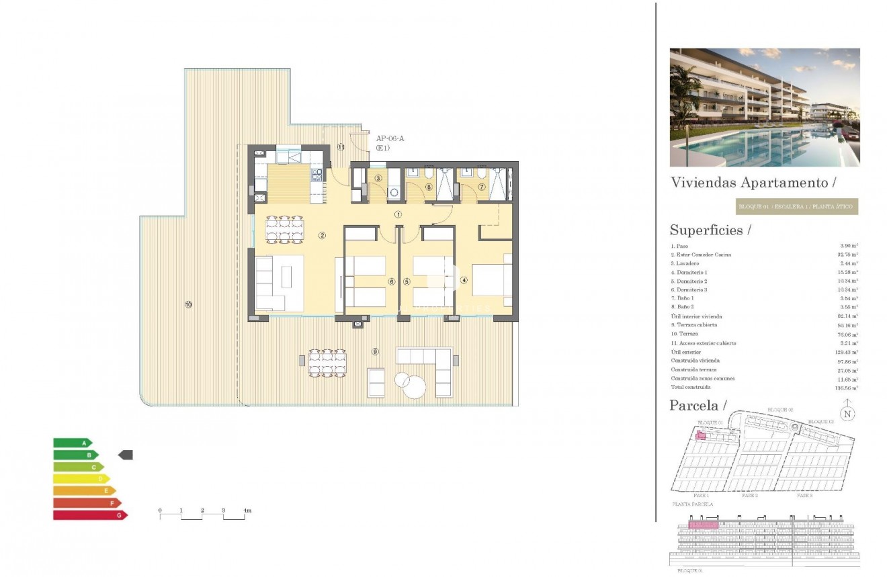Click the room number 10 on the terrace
pos(188,304)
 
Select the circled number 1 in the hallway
pos(398,215)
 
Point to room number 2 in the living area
pos(323,235)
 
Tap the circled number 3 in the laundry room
pos(378,178)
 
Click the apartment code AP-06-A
pos(390,139)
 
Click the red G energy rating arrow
pos(90,515)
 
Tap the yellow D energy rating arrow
pos(81,479)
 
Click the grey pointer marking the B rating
pos(126,455)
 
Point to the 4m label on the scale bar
pos(247,511)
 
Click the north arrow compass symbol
pos(847,413)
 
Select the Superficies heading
pos(710,230)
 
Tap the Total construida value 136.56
pos(849,388)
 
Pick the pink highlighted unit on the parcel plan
pos(700,436)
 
